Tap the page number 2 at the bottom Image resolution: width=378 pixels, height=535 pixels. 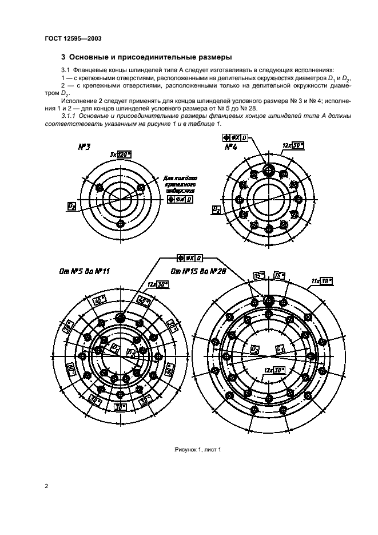pos(46,486)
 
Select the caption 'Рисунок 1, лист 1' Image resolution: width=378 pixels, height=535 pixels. pos(197,449)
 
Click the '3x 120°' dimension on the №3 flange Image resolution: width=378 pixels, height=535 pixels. pos(120,155)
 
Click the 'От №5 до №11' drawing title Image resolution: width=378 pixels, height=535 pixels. pos(85,271)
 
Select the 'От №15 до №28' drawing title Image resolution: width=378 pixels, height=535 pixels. pos(198,271)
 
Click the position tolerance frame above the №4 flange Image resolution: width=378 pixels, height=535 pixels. pos(234,138)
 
